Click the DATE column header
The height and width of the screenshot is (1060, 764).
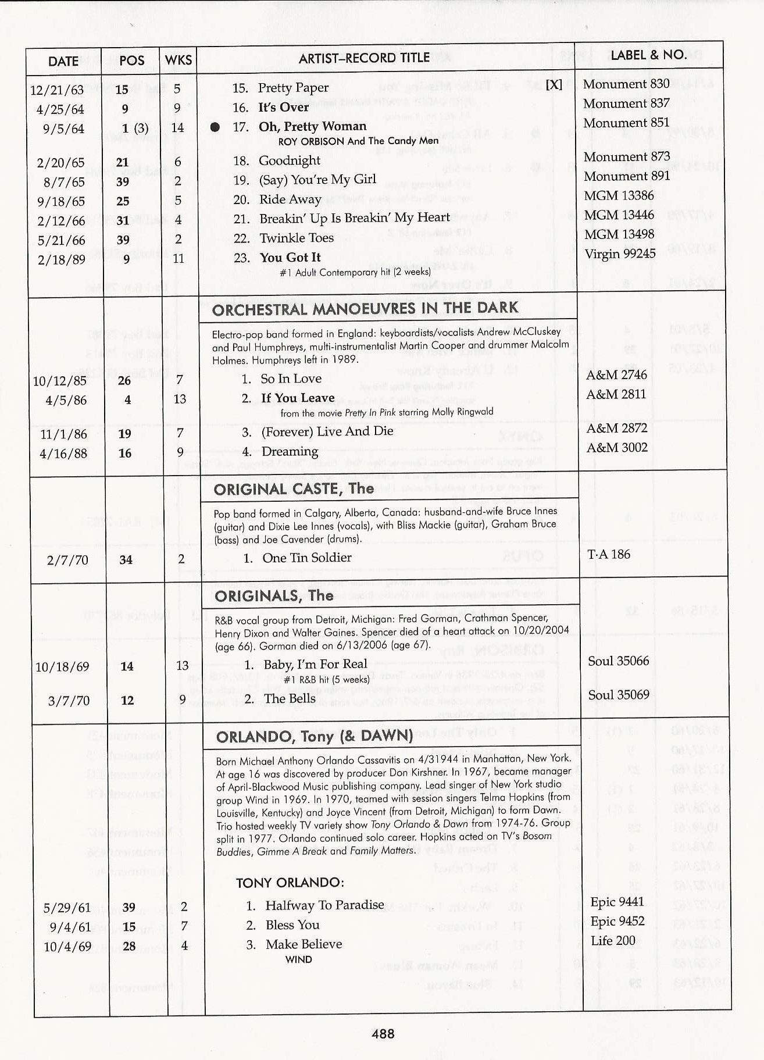tap(63, 61)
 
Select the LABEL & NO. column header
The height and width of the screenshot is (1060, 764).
tap(648, 56)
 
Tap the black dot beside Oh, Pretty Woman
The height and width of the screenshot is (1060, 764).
tap(215, 127)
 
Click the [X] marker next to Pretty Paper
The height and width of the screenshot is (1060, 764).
tap(554, 84)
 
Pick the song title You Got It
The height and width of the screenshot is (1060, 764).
tap(290, 258)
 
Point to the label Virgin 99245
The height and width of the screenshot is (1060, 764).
tap(619, 254)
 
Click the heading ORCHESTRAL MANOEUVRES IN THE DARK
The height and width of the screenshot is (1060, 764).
tap(365, 309)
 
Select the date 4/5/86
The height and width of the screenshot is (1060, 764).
tap(66, 400)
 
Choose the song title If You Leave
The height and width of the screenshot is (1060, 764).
tap(298, 398)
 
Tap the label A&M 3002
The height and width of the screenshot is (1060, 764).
tap(616, 448)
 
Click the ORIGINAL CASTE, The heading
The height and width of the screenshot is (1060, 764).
tap(294, 489)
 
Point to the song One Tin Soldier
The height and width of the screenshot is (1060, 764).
tap(306, 558)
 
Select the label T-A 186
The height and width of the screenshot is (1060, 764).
tap(609, 554)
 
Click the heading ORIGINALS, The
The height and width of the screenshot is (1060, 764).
tap(274, 596)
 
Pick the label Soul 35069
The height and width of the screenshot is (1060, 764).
tap(619, 695)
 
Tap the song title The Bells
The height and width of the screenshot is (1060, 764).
tap(290, 698)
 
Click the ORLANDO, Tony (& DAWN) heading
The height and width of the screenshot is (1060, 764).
tap(314, 737)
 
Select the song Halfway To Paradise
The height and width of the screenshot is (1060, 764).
tap(324, 905)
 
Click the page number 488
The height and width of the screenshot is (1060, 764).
tap(383, 1033)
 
